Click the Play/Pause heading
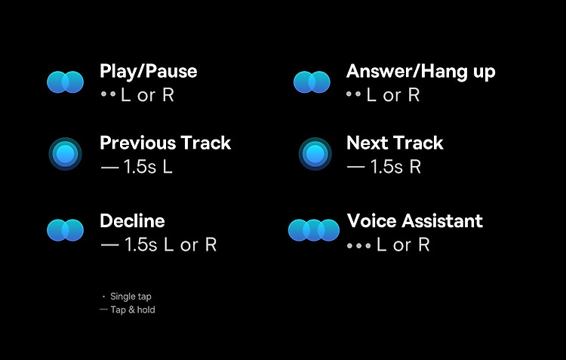[149, 72]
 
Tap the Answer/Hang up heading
[421, 72]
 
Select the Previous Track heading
[165, 143]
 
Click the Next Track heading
[395, 143]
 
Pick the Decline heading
[132, 220]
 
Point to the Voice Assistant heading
[415, 220]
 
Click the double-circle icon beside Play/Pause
[66, 82]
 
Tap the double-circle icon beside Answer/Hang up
[312, 82]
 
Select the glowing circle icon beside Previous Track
[66, 154]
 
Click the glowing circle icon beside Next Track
[315, 154]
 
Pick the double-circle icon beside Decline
[66, 230]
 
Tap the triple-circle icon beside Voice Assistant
[314, 230]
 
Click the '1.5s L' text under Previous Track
[148, 167]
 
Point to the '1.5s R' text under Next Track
[395, 167]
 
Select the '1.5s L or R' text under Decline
[171, 245]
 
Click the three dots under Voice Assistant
[358, 246]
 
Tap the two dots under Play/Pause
[108, 94]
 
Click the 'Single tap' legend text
[131, 297]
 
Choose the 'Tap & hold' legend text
[133, 309]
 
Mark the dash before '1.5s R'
[355, 168]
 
